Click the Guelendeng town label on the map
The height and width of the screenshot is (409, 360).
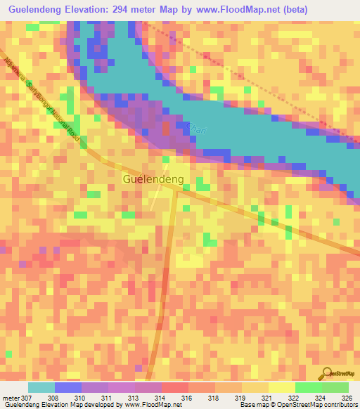coord(153,179)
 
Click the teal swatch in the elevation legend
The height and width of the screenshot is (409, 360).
coord(41,387)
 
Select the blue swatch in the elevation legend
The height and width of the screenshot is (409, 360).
coord(68,387)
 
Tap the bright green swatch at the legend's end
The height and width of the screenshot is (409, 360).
coord(335,387)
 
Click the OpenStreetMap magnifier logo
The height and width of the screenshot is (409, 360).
coord(326,373)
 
